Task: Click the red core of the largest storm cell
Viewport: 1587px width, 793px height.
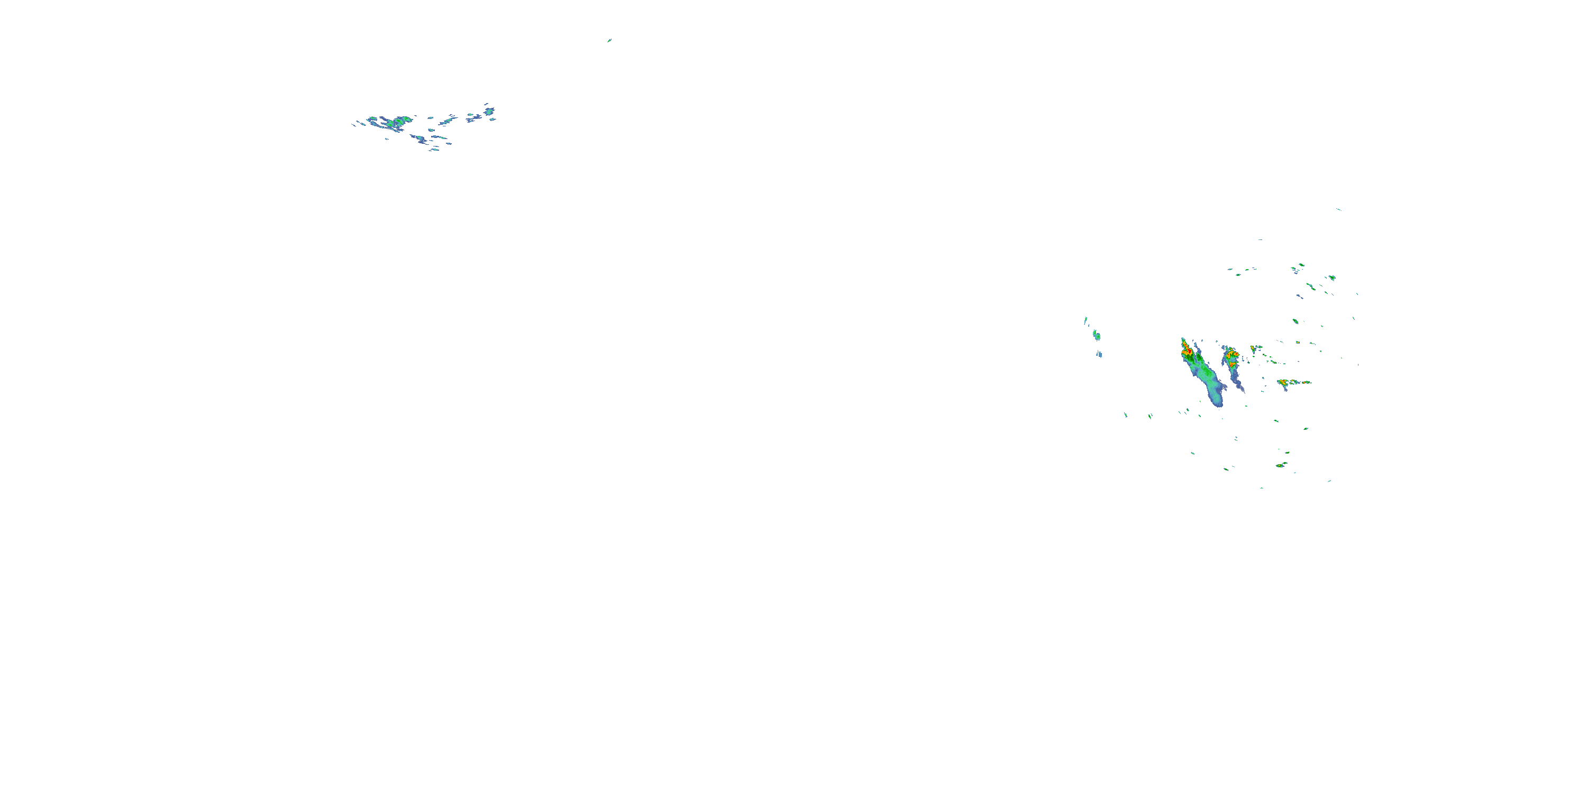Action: (1185, 352)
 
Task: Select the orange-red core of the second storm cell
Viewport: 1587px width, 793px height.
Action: (1232, 355)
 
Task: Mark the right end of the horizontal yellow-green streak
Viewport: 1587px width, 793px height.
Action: (1309, 382)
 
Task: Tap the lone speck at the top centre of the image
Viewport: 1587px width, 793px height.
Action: (609, 41)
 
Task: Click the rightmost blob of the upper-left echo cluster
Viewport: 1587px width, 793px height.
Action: (490, 112)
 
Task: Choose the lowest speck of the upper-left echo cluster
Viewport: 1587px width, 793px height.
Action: (435, 150)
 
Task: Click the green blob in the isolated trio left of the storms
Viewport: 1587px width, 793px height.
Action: (1097, 335)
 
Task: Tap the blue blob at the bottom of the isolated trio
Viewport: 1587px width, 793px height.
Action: (1099, 354)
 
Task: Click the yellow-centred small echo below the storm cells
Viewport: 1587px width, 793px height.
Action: (1281, 465)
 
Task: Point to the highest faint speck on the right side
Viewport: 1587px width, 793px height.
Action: (1339, 209)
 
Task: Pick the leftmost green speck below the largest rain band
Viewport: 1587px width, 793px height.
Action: (1126, 415)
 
